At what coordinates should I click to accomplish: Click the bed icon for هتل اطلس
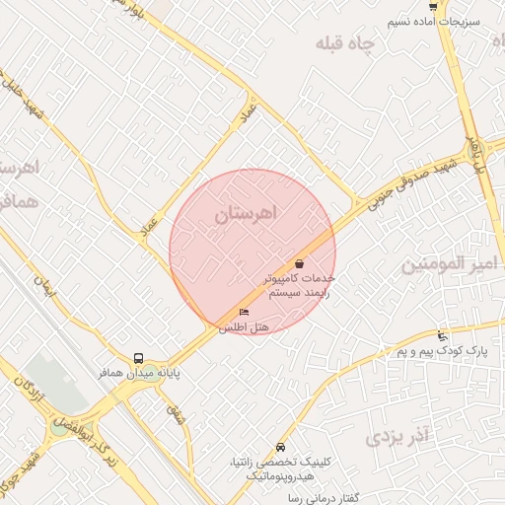(244, 314)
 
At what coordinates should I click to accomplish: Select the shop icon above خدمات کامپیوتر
(299, 263)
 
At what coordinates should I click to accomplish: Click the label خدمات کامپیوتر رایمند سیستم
(299, 286)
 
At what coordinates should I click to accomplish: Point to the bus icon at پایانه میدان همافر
(137, 359)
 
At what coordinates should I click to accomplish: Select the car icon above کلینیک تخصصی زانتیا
(281, 447)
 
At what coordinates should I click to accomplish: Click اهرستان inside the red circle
(247, 212)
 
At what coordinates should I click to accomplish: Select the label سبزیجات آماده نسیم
(445, 21)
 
